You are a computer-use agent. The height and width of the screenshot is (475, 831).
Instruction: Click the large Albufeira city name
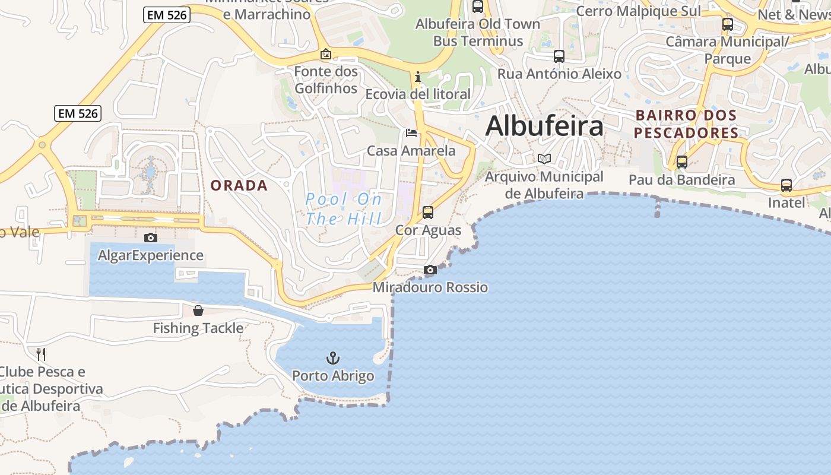(544, 126)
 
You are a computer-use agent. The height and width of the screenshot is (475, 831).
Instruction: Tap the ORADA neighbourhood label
(239, 185)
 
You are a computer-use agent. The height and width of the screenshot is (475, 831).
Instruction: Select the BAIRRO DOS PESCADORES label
(686, 123)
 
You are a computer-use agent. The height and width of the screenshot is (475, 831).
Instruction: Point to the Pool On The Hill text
(344, 209)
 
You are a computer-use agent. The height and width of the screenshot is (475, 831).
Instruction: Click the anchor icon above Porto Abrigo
(333, 357)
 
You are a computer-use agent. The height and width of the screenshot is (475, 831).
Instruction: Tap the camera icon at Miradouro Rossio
(430, 270)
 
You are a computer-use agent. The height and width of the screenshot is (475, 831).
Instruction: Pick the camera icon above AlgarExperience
(151, 237)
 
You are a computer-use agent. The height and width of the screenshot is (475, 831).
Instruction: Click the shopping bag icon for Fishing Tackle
(198, 311)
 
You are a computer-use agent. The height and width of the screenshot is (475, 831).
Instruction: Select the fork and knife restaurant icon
(41, 354)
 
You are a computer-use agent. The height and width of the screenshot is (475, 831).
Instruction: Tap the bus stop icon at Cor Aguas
(428, 212)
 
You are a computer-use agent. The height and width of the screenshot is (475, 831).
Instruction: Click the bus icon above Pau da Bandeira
(682, 161)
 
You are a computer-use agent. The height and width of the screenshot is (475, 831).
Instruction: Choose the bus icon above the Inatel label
(786, 185)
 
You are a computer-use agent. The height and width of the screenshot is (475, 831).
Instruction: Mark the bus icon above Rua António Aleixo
(559, 56)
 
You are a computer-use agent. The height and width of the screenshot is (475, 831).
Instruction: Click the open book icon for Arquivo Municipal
(544, 159)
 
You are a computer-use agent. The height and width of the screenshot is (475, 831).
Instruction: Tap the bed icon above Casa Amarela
(411, 132)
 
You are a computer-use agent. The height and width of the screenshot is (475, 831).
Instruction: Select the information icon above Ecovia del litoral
(418, 77)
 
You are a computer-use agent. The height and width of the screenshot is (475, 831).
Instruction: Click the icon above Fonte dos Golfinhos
(326, 54)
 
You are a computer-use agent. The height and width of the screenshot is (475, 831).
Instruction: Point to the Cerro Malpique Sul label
(638, 11)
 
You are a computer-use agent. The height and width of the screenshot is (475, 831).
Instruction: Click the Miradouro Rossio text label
(430, 287)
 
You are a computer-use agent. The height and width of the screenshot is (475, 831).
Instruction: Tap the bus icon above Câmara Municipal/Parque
(728, 24)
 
